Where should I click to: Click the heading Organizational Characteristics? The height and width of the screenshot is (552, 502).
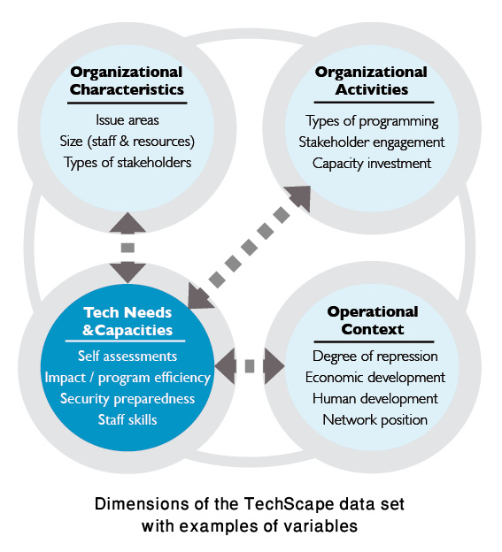click(127, 80)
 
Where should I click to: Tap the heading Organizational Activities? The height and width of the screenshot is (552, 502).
click(371, 80)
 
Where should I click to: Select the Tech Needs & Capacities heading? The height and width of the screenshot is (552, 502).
click(127, 321)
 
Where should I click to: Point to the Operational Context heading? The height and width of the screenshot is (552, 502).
click(373, 320)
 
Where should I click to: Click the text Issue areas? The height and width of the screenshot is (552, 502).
click(127, 120)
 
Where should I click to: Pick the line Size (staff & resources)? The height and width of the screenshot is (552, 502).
click(127, 142)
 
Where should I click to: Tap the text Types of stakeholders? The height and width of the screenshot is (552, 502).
click(127, 163)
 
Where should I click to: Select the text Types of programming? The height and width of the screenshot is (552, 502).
click(372, 121)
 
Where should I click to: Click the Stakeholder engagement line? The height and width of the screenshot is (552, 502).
click(372, 142)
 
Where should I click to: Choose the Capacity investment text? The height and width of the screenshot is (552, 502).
click(372, 164)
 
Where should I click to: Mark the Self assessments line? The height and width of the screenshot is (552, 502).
click(127, 356)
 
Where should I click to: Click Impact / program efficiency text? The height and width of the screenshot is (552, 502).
click(127, 378)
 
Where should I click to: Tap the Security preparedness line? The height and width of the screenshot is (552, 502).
click(127, 399)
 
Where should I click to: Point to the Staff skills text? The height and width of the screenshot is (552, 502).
click(127, 419)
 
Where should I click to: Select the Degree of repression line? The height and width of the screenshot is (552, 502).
click(375, 356)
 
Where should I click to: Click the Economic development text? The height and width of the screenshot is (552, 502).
click(375, 378)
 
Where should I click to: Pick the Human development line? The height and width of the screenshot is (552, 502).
click(375, 399)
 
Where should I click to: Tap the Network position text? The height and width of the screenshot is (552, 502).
click(375, 420)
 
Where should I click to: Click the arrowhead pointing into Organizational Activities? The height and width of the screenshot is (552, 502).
click(300, 196)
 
